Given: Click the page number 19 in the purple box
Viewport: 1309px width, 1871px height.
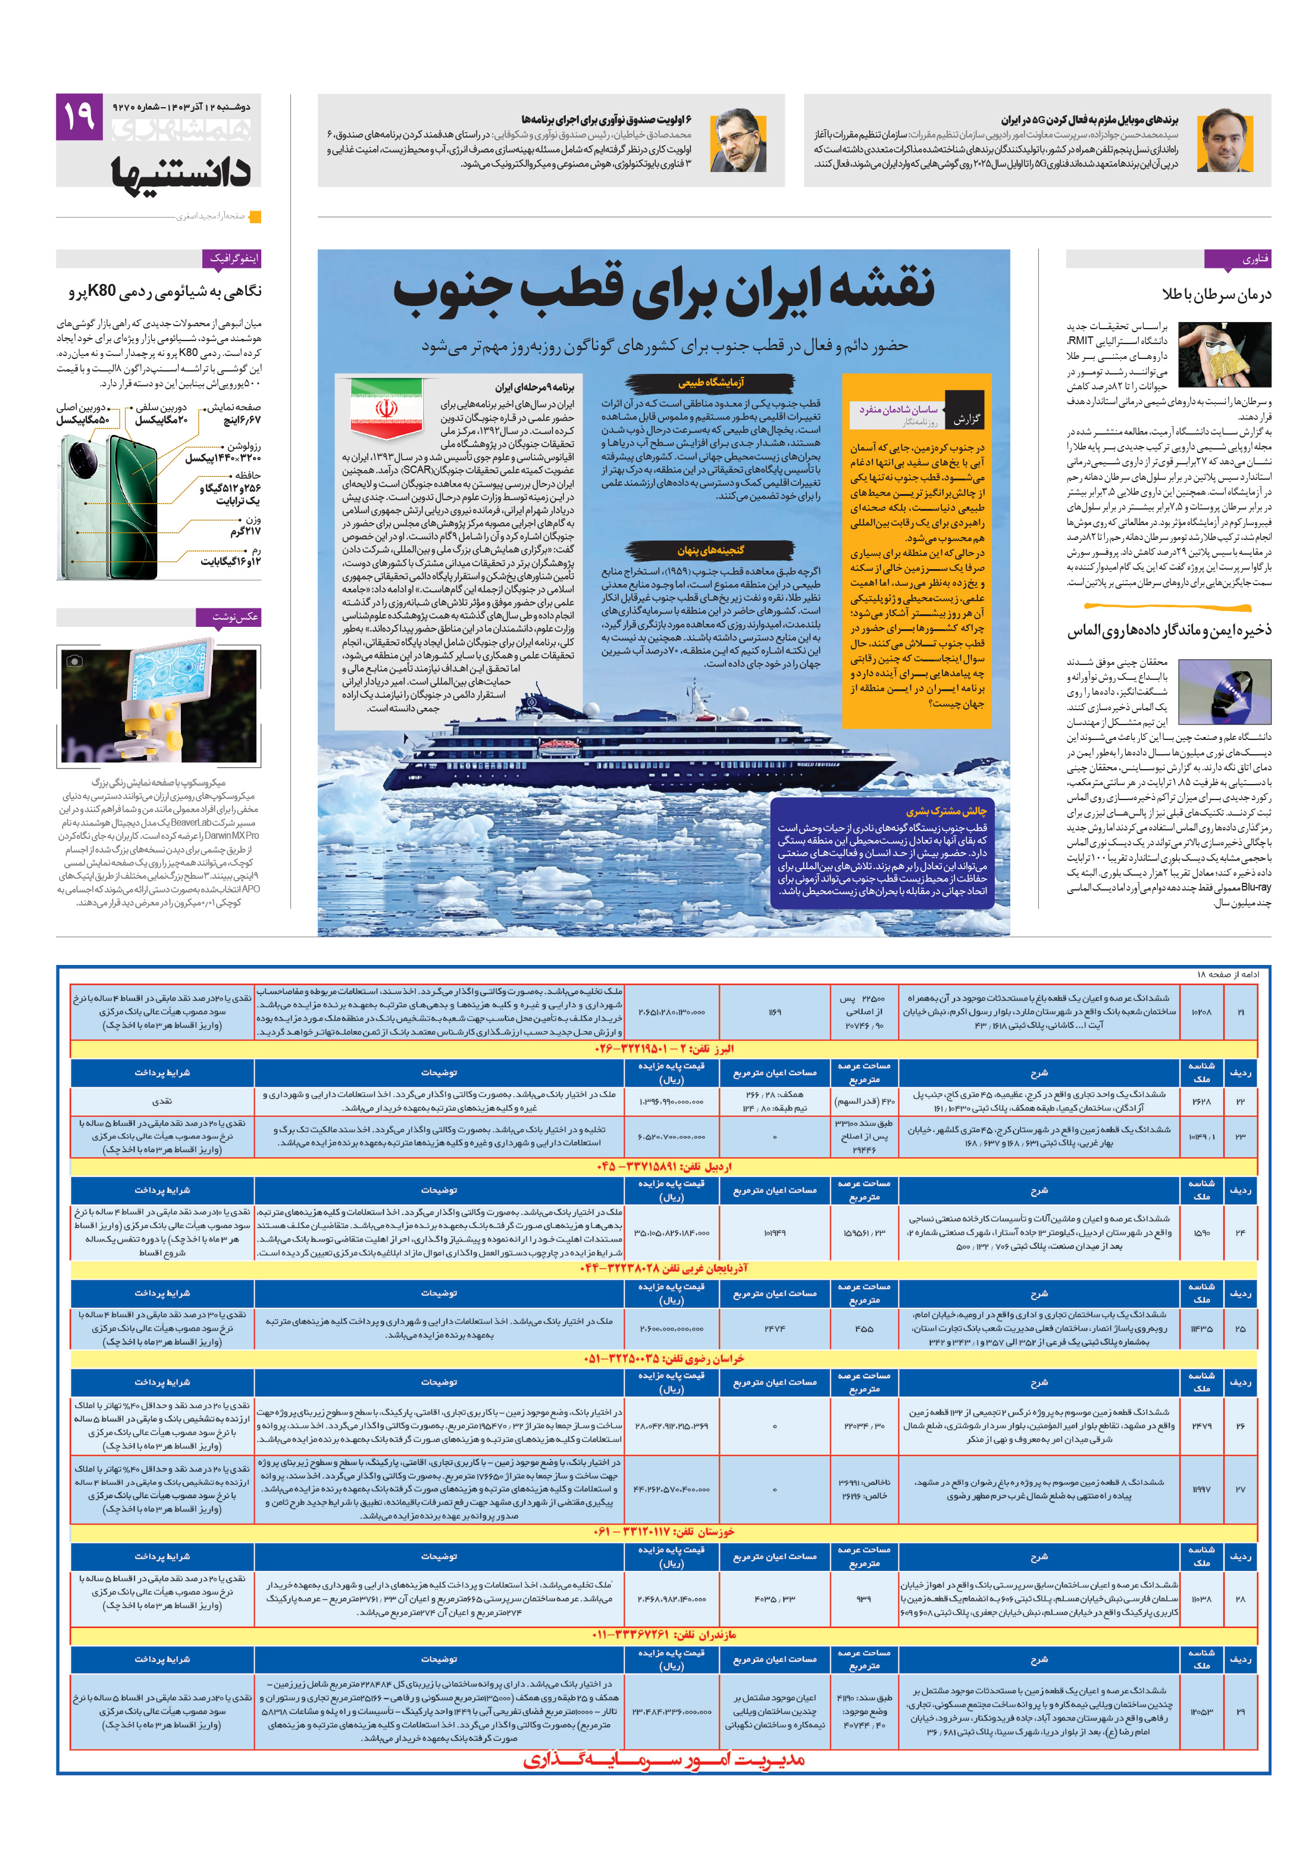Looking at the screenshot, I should pos(79,117).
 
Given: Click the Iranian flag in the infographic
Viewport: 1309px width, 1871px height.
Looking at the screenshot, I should pos(386,407).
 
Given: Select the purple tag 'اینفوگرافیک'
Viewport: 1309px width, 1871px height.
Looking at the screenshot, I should pos(233,258).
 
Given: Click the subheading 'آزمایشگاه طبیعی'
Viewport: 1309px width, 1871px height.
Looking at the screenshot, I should pos(710,382).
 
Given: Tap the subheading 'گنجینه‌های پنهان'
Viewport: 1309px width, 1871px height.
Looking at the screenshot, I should pos(710,550).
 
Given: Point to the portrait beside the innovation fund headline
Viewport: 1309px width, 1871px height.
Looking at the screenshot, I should pos(737,140).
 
